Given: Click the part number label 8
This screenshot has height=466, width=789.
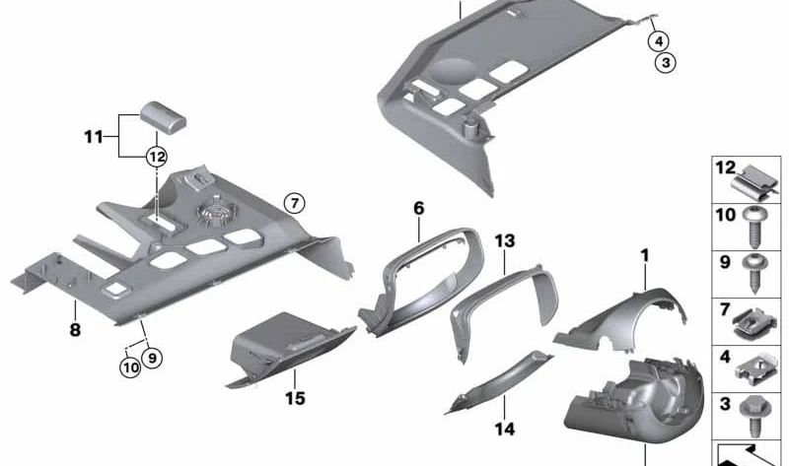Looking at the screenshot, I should [74, 331].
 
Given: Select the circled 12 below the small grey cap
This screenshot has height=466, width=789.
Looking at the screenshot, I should [156, 156].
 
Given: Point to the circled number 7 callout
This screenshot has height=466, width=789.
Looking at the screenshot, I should [294, 204].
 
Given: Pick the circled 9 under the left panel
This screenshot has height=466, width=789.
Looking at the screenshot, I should [153, 359].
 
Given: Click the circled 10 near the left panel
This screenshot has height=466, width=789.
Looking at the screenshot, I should [130, 367].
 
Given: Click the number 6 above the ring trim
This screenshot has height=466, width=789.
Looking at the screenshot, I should [418, 208].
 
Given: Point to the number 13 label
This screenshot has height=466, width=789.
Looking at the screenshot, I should [505, 240].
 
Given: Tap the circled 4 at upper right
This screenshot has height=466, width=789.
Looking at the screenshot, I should [658, 40].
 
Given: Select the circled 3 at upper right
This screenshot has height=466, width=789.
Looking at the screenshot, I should [667, 63].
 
